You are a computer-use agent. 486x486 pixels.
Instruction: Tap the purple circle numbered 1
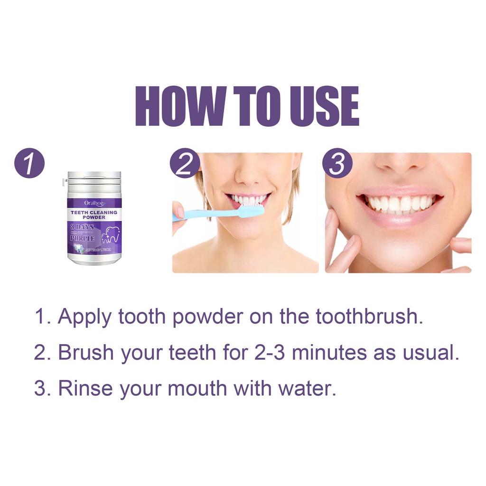point(29,164)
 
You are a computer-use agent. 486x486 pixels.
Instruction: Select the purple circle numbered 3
point(337,164)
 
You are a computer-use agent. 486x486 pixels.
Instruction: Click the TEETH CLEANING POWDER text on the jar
point(94,215)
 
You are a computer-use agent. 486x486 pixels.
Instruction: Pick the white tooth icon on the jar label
point(111,234)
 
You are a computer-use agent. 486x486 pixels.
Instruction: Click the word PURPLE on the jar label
point(83,238)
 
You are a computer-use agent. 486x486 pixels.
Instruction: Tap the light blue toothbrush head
point(251,211)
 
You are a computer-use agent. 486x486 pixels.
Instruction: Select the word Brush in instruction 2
point(86,353)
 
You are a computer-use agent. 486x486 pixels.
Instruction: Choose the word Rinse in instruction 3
point(85,388)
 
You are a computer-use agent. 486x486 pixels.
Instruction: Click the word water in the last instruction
point(309,388)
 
